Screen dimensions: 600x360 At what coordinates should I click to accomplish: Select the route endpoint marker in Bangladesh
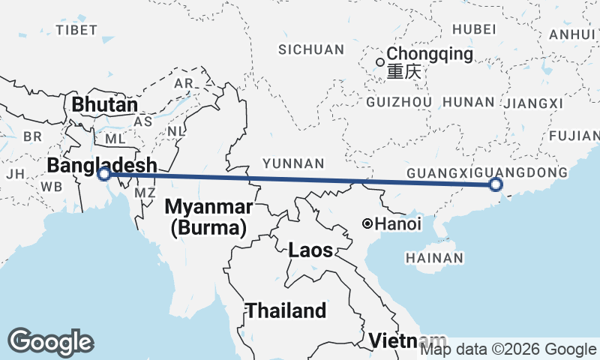click(x=105, y=174)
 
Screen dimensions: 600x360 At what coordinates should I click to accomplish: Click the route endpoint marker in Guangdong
click(x=495, y=184)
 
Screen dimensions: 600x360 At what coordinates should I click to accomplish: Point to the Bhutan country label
click(x=104, y=105)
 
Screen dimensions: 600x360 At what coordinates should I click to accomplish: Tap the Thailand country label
click(x=286, y=310)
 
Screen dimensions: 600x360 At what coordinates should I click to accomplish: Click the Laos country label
click(x=310, y=251)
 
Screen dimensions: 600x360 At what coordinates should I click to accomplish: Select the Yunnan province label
click(x=292, y=163)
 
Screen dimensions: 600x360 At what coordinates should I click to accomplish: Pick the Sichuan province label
click(x=310, y=49)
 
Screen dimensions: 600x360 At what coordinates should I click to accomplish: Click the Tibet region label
click(x=76, y=30)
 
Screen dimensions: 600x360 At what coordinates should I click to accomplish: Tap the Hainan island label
click(x=433, y=258)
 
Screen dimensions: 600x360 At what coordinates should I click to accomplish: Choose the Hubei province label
click(x=474, y=29)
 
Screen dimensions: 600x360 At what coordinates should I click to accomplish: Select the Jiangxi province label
click(x=534, y=103)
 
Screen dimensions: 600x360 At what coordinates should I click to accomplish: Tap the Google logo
click(x=50, y=342)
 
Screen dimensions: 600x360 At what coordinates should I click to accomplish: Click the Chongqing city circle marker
click(x=380, y=61)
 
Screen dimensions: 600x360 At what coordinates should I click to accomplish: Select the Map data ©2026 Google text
click(x=507, y=349)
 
